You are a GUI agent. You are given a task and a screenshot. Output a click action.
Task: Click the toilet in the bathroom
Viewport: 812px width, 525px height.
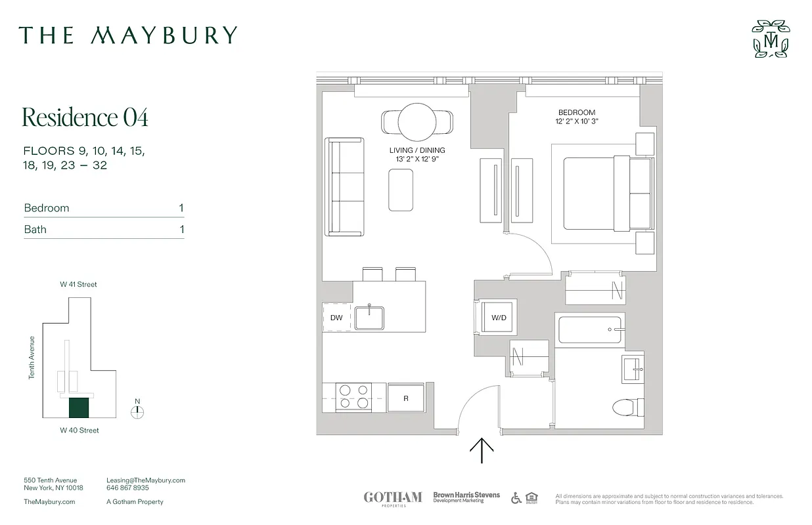pos(628,408)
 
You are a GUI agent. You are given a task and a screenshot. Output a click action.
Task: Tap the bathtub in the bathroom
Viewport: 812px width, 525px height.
pos(590,329)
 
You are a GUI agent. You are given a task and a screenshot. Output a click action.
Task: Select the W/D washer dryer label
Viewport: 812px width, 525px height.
pos(499,318)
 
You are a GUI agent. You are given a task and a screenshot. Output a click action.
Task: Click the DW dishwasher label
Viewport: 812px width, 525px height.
pos(336,318)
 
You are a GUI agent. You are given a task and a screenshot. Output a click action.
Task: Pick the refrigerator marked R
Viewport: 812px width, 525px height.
pos(406,397)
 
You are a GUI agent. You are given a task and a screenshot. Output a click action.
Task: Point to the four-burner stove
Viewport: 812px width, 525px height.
pos(354,398)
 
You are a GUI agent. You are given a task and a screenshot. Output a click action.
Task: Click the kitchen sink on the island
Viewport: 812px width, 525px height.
pos(371,318)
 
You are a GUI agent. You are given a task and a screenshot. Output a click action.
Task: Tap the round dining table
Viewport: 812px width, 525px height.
pos(417,121)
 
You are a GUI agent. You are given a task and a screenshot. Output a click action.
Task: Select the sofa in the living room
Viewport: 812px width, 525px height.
pos(344,186)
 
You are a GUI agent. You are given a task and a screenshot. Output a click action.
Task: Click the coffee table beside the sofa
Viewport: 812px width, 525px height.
pos(401,190)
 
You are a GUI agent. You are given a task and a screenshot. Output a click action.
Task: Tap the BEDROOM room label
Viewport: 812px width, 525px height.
pos(577,112)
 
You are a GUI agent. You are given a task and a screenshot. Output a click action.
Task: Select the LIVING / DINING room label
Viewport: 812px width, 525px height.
pos(417,150)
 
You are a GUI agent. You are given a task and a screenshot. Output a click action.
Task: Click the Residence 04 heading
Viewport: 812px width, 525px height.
pos(85,117)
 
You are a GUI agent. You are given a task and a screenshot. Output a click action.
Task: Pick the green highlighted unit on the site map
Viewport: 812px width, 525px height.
pos(79,408)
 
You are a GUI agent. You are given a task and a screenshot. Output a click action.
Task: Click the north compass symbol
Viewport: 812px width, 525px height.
pos(137,411)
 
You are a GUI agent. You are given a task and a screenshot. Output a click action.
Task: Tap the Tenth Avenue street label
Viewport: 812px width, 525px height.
pos(32,358)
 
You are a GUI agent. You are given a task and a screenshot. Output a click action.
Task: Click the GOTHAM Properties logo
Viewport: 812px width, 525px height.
pos(393,498)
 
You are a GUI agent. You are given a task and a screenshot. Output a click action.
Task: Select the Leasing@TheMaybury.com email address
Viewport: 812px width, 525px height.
pos(146,480)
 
